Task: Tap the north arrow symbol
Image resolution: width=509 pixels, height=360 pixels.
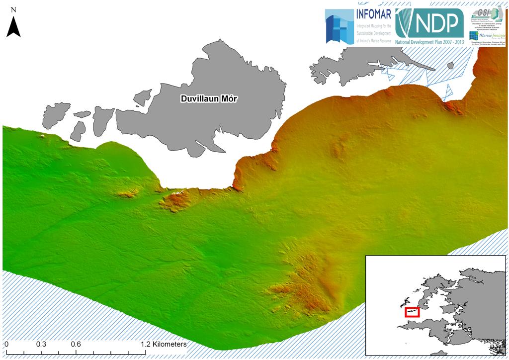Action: [13, 26]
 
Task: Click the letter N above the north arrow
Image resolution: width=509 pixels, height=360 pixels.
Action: [13, 9]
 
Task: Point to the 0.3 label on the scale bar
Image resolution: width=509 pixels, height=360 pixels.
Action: [41, 344]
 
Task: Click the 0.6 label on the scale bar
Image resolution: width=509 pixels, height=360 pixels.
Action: [76, 344]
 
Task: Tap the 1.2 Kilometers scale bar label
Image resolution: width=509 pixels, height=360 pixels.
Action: [163, 344]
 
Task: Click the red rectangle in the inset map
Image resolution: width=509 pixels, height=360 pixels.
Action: [412, 312]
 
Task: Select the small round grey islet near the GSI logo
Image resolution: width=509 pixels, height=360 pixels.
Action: [450, 66]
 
